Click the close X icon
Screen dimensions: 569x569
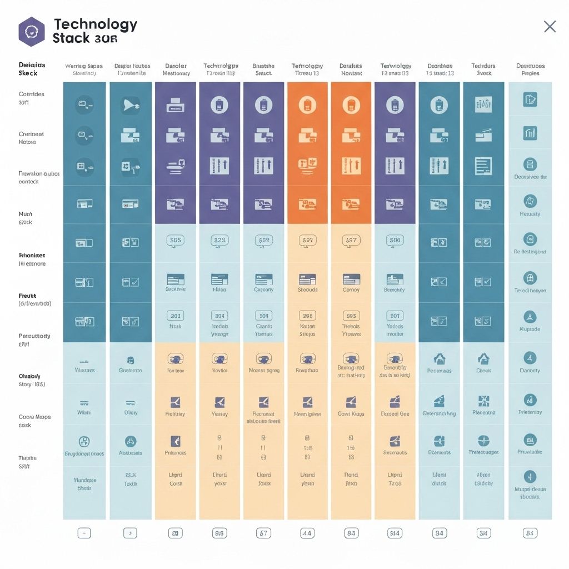550,26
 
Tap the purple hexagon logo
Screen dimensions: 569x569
31,31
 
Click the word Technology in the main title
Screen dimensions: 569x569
96,24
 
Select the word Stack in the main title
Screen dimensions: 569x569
72,39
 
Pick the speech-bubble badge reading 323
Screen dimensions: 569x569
219,240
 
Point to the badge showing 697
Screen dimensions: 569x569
351,240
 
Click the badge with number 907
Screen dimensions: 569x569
395,316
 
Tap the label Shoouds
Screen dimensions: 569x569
307,290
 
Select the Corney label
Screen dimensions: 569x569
351,290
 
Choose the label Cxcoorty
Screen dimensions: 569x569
263,290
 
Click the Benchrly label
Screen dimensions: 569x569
395,290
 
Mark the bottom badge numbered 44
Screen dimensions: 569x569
307,533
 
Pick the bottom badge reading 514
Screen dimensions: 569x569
395,533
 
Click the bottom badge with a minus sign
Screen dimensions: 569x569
84,533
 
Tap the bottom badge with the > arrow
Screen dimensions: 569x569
130,533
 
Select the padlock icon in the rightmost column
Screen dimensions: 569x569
530,278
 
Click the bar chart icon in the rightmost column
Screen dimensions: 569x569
530,133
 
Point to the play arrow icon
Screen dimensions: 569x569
130,104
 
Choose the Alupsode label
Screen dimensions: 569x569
530,329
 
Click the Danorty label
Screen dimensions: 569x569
530,371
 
